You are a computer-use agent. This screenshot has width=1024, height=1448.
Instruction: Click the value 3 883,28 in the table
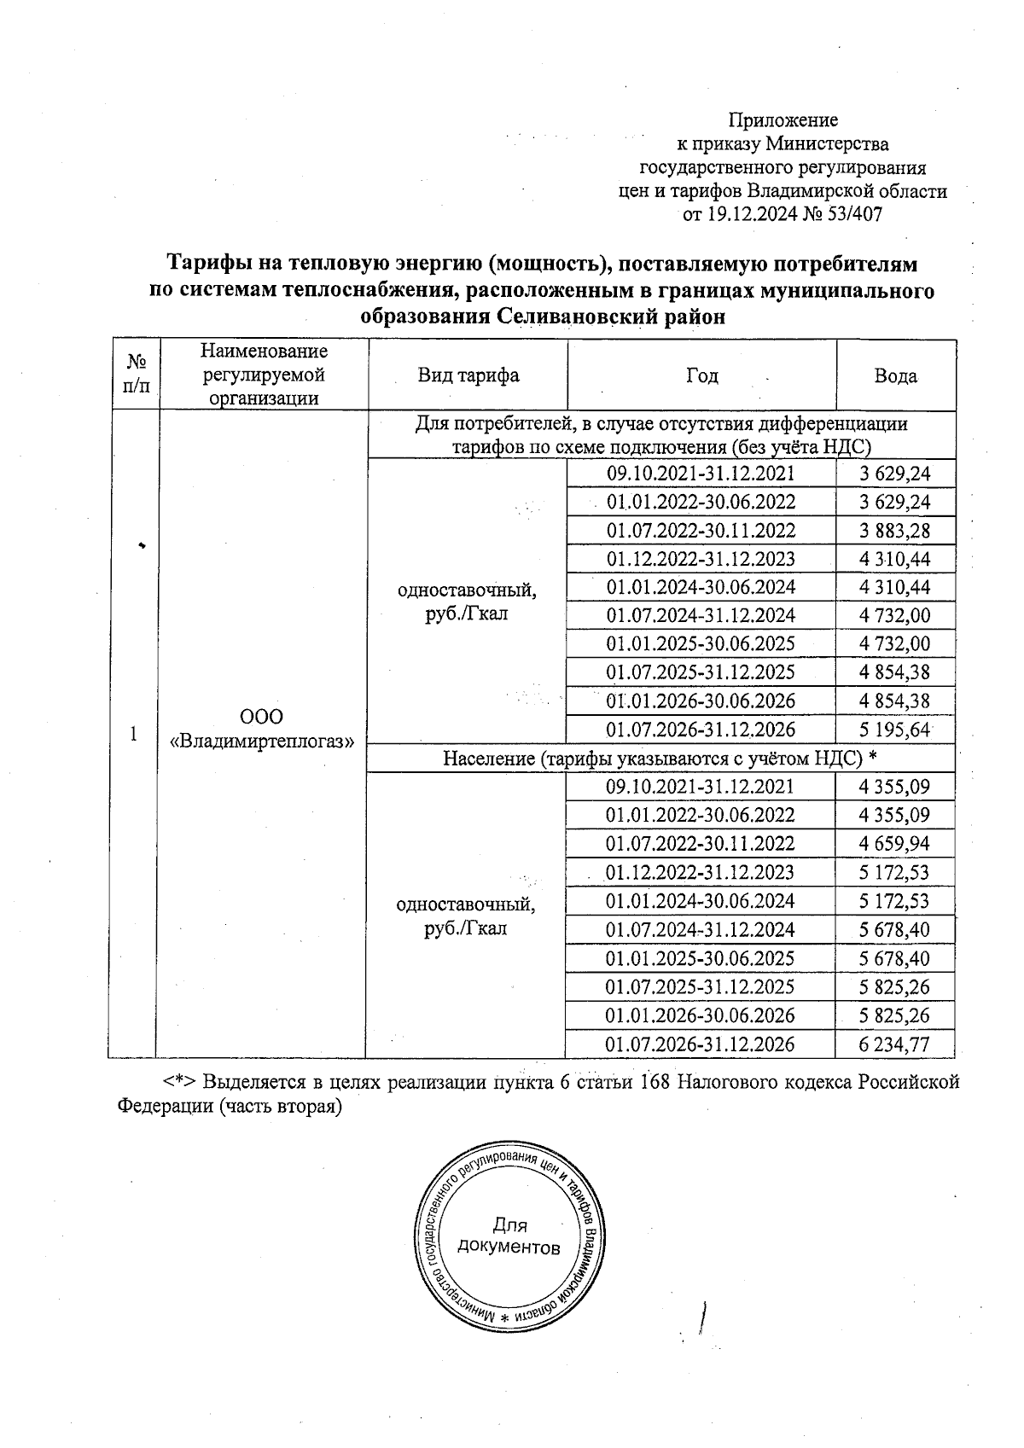pyautogui.click(x=894, y=531)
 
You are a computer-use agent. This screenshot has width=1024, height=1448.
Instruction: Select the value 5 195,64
pyautogui.click(x=894, y=730)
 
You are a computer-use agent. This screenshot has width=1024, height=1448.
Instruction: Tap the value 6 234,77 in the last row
pyautogui.click(x=894, y=1044)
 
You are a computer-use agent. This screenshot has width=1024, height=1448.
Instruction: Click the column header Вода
pyautogui.click(x=895, y=376)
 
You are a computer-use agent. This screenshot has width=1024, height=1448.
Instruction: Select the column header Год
pyautogui.click(x=701, y=376)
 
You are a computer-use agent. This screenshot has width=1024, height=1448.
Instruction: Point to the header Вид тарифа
pyautogui.click(x=468, y=376)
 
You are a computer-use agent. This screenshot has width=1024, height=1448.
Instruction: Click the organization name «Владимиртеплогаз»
pyautogui.click(x=262, y=741)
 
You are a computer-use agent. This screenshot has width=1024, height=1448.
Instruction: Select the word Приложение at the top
pyautogui.click(x=783, y=120)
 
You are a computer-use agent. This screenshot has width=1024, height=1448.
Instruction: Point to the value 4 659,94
pyautogui.click(x=894, y=844)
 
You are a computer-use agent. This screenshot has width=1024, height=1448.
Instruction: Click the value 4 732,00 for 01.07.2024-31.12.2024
pyautogui.click(x=894, y=615)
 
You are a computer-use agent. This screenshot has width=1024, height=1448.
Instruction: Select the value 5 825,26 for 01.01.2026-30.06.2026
pyautogui.click(x=894, y=1015)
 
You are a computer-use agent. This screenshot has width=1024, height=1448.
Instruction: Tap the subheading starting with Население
pyautogui.click(x=660, y=758)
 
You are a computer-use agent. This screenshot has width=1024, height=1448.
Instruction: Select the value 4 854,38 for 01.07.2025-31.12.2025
pyautogui.click(x=894, y=672)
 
